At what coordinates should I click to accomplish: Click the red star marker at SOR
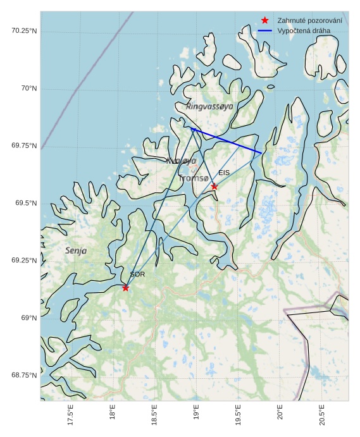pyautogui.click(x=125, y=288)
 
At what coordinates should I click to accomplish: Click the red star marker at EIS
pyautogui.click(x=214, y=187)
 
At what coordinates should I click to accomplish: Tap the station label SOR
pyautogui.click(x=137, y=274)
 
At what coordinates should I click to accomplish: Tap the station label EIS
pyautogui.click(x=224, y=173)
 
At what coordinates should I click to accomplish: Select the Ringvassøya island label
pyautogui.click(x=209, y=107)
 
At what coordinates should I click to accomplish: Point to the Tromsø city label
pyautogui.click(x=193, y=179)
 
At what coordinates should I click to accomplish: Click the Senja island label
pyautogui.click(x=76, y=251)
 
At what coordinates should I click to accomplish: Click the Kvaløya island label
pyautogui.click(x=182, y=161)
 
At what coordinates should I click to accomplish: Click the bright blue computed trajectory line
pyautogui.click(x=227, y=141)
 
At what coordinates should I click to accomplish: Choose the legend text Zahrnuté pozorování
pyautogui.click(x=309, y=21)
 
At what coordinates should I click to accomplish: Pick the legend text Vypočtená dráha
pyautogui.click(x=304, y=31)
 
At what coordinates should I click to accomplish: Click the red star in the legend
pyautogui.click(x=265, y=20)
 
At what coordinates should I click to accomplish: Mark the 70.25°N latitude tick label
pyautogui.click(x=24, y=31)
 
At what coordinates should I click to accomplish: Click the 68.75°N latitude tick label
pyautogui.click(x=24, y=375)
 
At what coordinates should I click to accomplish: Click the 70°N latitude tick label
pyautogui.click(x=28, y=89)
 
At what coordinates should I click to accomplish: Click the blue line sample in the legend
pyautogui.click(x=265, y=31)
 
